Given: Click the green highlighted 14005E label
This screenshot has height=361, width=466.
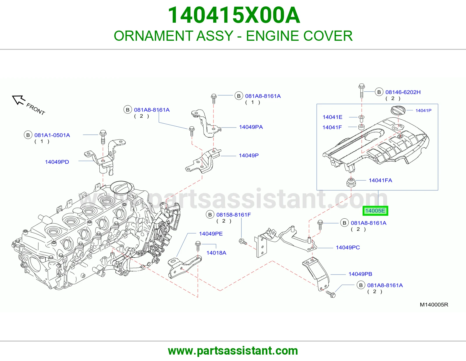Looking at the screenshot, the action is coord(375,211).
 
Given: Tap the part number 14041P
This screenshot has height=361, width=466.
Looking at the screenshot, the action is coord(423,110).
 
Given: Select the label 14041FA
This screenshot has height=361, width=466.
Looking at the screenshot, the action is coord(380,180).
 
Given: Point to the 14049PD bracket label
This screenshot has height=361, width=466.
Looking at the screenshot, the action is coord(57,162).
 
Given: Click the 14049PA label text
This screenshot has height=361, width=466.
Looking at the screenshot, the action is coord(251,127).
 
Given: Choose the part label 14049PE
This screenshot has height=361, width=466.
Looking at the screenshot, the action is coord(211,233).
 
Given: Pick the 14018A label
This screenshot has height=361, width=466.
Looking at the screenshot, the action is coord(216,253).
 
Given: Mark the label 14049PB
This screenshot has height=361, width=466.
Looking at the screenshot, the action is coord(360,274).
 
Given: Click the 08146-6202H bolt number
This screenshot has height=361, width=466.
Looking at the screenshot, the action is coord(403,92).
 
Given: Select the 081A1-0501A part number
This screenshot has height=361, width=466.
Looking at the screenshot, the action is coord(52,135).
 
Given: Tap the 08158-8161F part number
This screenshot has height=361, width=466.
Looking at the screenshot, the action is coord(234,215).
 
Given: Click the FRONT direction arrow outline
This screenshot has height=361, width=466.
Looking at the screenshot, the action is coord(18,100).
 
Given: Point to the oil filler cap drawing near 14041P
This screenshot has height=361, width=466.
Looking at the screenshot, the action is coord(398,110).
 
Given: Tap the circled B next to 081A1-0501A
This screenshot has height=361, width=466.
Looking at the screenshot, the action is coord(28,135).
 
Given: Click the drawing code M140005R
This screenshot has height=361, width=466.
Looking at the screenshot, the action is coord(434,305).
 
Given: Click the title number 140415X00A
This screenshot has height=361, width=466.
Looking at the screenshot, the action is coord(234,15).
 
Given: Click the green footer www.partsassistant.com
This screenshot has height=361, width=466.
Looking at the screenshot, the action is coord(233,351).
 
